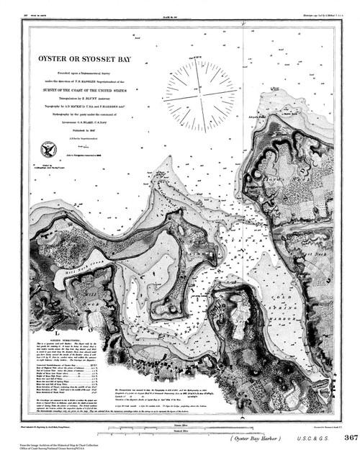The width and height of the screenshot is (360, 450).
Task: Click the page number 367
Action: [349, 437]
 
